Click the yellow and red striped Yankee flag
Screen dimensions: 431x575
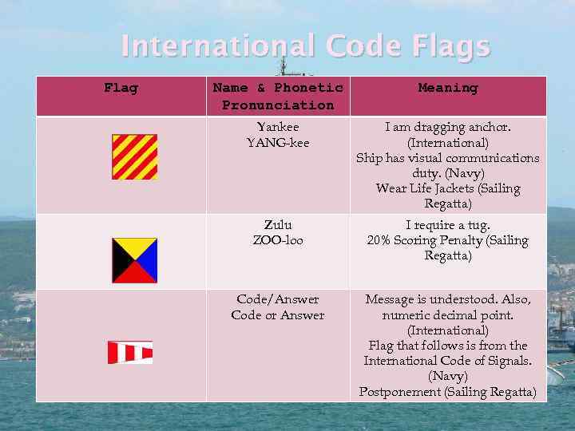pyautogui.click(x=134, y=156)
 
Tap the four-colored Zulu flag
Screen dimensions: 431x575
pyautogui.click(x=134, y=260)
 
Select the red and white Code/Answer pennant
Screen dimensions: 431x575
pyautogui.click(x=130, y=352)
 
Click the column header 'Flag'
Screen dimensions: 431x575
pyautogui.click(x=121, y=88)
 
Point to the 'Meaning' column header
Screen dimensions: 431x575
pyautogui.click(x=447, y=88)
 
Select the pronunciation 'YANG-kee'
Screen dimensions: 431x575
pyautogui.click(x=278, y=143)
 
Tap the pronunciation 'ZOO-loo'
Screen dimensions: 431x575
pyautogui.click(x=278, y=240)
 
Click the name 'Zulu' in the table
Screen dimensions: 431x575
pyautogui.click(x=278, y=225)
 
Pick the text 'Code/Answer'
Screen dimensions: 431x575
pyautogui.click(x=278, y=299)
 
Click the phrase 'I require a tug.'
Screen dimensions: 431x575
pyautogui.click(x=447, y=225)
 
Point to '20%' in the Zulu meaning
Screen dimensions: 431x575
pyautogui.click(x=381, y=240)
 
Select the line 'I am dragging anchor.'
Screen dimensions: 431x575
pyautogui.click(x=447, y=127)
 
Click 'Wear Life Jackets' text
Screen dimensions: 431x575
pyautogui.click(x=428, y=189)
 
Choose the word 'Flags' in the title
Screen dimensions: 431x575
pyautogui.click(x=452, y=46)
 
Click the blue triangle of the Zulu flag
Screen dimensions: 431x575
pyautogui.click(x=148, y=260)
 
